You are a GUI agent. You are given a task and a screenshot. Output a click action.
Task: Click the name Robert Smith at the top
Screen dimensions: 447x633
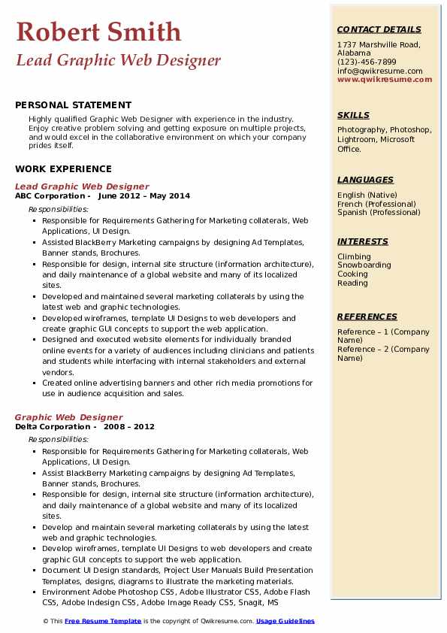click(98, 32)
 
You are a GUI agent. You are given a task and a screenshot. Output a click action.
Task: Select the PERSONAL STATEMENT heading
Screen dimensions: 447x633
click(73, 105)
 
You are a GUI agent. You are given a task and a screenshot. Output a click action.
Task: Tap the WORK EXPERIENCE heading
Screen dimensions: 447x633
click(63, 169)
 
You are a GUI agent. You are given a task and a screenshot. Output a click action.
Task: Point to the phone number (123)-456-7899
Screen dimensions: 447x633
click(367, 62)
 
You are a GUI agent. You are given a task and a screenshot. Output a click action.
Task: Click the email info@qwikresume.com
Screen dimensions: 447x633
click(379, 71)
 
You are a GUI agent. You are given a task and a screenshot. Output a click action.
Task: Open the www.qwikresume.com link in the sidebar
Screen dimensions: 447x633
click(385, 79)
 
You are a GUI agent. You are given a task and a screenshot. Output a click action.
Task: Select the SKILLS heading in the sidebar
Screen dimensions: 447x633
click(353, 115)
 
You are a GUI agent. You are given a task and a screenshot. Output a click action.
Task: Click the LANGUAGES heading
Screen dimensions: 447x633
click(365, 180)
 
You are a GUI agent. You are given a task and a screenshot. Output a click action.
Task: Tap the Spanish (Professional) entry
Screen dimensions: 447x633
click(379, 212)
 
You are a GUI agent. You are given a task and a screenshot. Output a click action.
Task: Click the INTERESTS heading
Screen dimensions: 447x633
click(363, 241)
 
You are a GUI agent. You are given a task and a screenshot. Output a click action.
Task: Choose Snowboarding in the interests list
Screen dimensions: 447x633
click(364, 265)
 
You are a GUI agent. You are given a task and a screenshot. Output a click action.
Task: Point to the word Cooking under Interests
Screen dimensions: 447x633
click(352, 274)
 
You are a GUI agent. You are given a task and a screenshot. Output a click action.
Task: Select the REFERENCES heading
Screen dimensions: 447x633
click(367, 316)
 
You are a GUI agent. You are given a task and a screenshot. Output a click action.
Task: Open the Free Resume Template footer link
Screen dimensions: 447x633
click(102, 621)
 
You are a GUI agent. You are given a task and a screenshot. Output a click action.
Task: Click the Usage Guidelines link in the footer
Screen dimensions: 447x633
click(285, 621)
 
